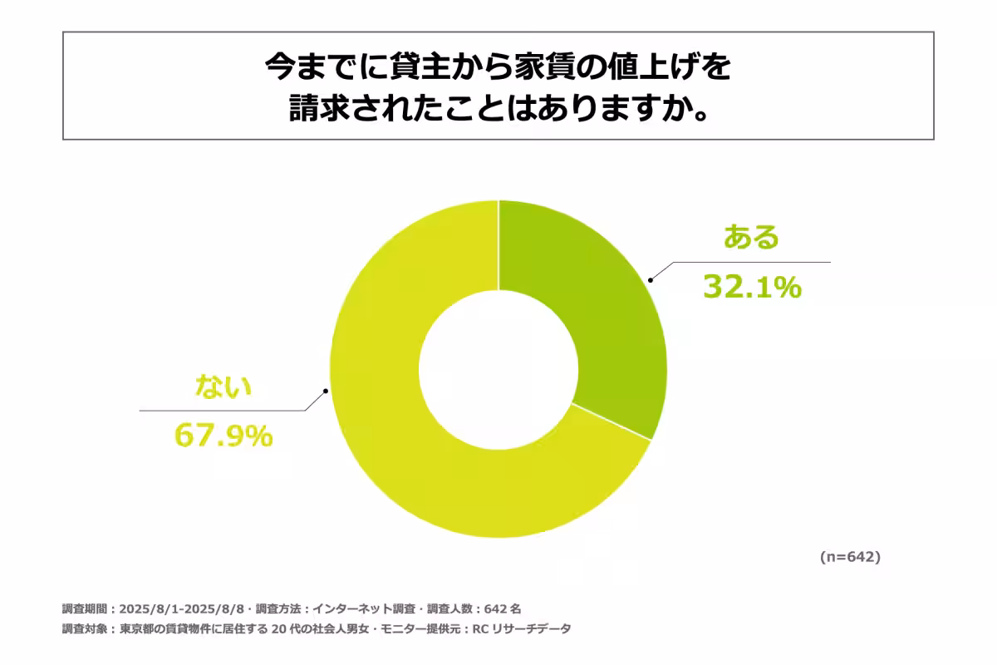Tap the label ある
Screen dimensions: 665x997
point(752,238)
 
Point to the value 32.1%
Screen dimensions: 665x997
point(752,287)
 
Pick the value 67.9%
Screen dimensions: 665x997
point(223,436)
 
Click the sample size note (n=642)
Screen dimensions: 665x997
point(850,557)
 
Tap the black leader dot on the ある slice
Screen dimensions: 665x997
point(651,280)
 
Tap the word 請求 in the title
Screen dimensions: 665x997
point(317,109)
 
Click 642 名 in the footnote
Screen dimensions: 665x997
point(500,608)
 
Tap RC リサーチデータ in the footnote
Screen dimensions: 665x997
point(522,629)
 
